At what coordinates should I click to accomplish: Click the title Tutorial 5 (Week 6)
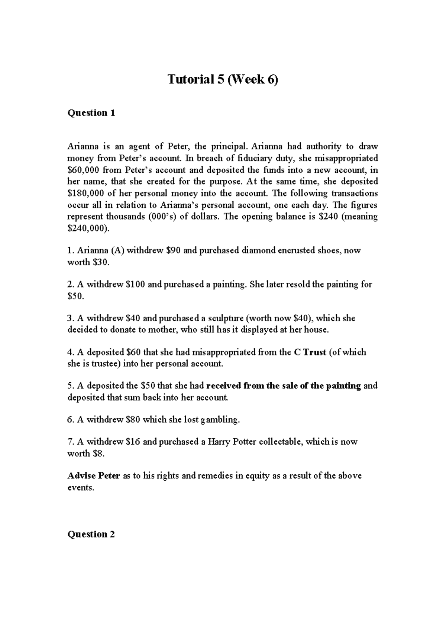[x=223, y=79]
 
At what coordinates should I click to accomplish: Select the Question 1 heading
[x=91, y=113]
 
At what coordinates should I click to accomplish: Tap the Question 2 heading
[x=91, y=534]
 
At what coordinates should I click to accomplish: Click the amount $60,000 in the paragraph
[x=83, y=170]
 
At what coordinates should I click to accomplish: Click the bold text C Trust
[x=310, y=352]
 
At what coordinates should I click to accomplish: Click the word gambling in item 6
[x=220, y=420]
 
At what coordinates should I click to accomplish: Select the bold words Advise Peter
[x=93, y=476]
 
